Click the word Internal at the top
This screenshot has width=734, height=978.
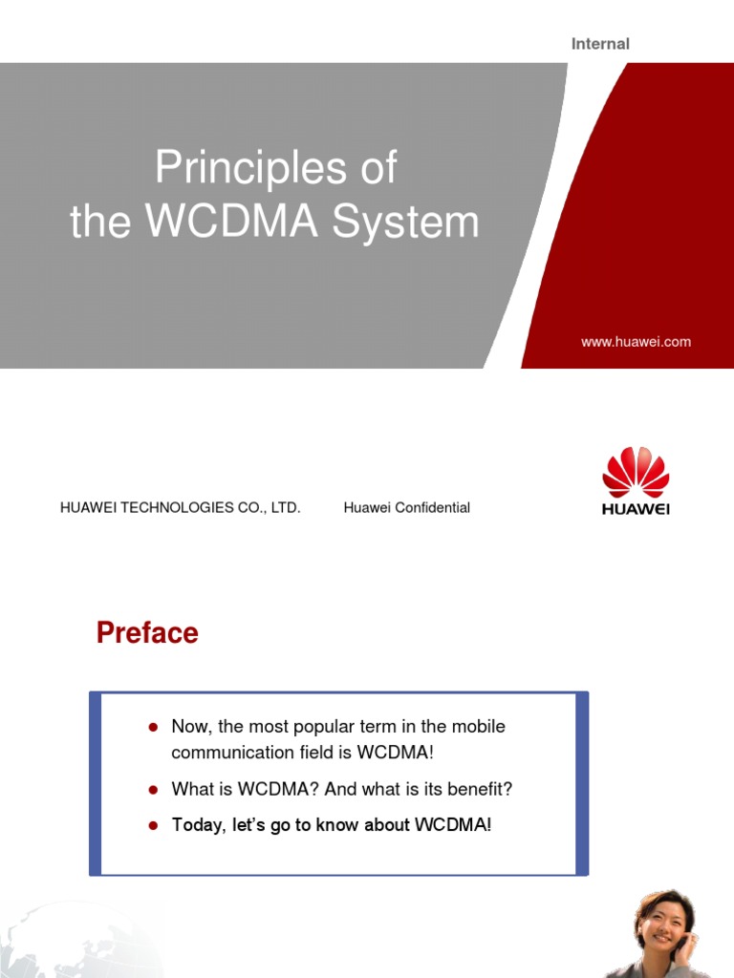click(600, 44)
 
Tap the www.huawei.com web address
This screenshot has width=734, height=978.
click(636, 341)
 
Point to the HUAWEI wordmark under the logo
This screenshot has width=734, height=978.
click(636, 509)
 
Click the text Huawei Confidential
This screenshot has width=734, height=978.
click(406, 508)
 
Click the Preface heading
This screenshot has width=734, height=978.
click(147, 633)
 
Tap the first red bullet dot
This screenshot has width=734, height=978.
click(152, 728)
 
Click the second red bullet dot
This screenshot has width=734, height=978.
click(152, 790)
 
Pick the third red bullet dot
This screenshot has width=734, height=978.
click(152, 825)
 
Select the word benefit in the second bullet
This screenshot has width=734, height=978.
click(478, 790)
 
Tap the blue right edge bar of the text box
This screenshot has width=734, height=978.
click(583, 783)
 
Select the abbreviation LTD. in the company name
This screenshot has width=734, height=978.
click(285, 508)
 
